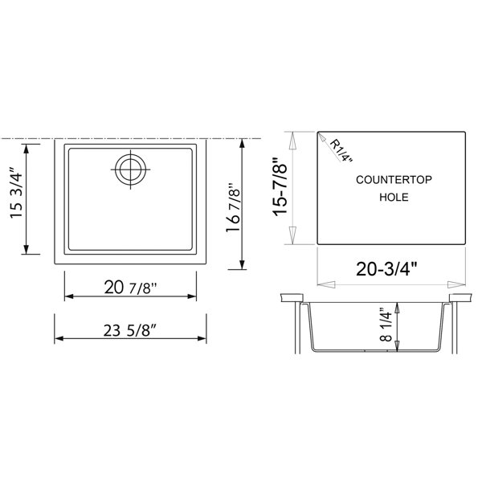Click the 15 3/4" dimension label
pos(16,193)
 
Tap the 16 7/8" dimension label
pos(233,208)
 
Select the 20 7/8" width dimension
pos(130,288)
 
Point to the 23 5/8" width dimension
pos(130,330)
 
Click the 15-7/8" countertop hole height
pos(280,187)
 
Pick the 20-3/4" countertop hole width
pos(386,269)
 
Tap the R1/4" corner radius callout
pos(341,151)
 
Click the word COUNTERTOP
pos(394,179)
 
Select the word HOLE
pos(394,197)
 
